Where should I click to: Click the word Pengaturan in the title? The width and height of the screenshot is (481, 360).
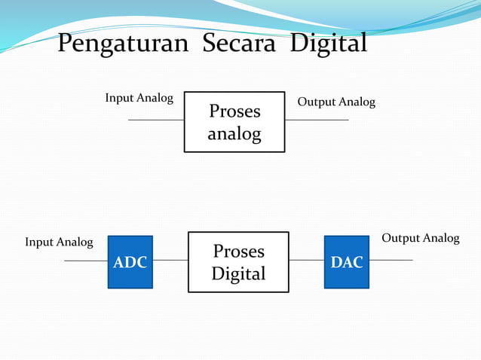[123, 44]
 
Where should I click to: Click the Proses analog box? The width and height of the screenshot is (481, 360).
[234, 122]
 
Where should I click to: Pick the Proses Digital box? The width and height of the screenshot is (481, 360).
[238, 261]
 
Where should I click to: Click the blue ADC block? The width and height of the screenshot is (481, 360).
[130, 262]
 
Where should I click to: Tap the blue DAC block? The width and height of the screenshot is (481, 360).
[347, 262]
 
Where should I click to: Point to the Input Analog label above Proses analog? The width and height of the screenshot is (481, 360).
[139, 98]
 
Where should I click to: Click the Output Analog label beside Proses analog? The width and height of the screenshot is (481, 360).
[336, 102]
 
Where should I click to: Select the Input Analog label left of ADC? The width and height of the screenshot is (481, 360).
[59, 242]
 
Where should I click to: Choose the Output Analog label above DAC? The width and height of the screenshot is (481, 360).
[420, 238]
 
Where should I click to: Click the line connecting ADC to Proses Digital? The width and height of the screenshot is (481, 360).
[170, 261]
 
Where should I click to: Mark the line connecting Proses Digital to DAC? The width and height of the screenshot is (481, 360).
[307, 261]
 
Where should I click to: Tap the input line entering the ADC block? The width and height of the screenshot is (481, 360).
[86, 261]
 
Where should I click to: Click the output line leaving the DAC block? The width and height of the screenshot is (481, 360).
[391, 261]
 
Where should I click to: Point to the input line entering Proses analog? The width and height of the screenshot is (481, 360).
[156, 120]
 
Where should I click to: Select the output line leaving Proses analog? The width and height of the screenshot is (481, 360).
[317, 120]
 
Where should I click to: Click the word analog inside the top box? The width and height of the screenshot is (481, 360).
[234, 135]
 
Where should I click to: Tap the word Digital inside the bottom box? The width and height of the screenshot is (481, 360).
[238, 274]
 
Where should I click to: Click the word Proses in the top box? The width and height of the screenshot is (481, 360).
[234, 111]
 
